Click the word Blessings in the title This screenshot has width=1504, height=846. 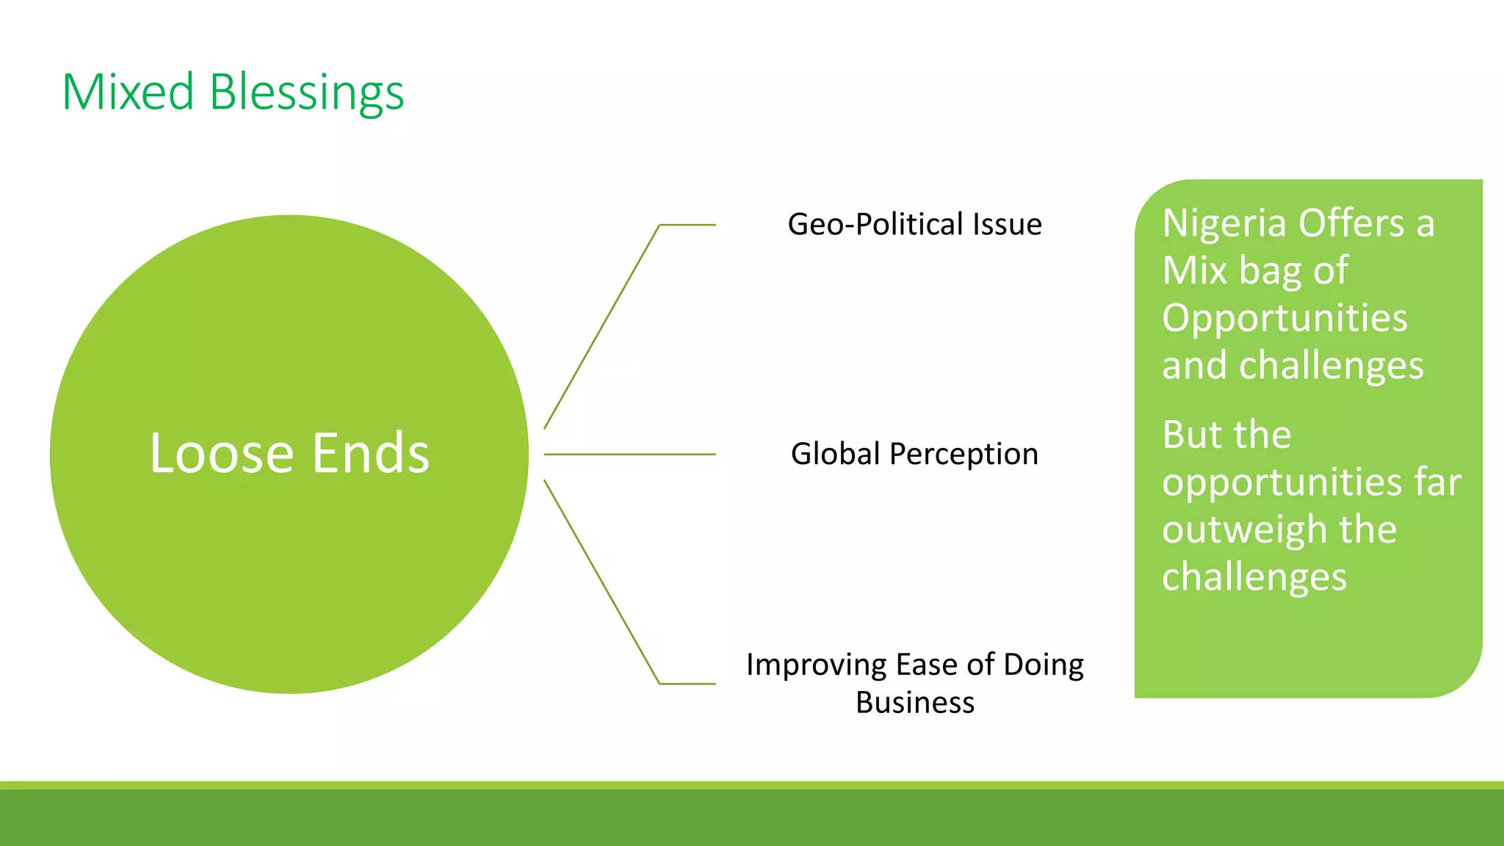pyautogui.click(x=306, y=94)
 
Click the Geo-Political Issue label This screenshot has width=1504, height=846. pyautogui.click(x=914, y=224)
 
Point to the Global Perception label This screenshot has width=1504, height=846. pyautogui.click(x=914, y=454)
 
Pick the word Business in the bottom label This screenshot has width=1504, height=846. pyautogui.click(x=915, y=703)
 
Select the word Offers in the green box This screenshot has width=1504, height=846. pyautogui.click(x=1352, y=223)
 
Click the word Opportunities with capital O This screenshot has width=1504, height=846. pyautogui.click(x=1284, y=318)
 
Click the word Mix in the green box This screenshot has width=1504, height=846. pyautogui.click(x=1195, y=270)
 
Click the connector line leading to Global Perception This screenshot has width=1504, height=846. pyautogui.click(x=629, y=455)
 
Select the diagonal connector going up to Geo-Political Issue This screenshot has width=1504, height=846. pyautogui.click(x=602, y=326)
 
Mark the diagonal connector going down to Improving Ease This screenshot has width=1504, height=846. pyautogui.click(x=602, y=582)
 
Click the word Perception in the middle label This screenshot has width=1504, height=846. pyautogui.click(x=963, y=455)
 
